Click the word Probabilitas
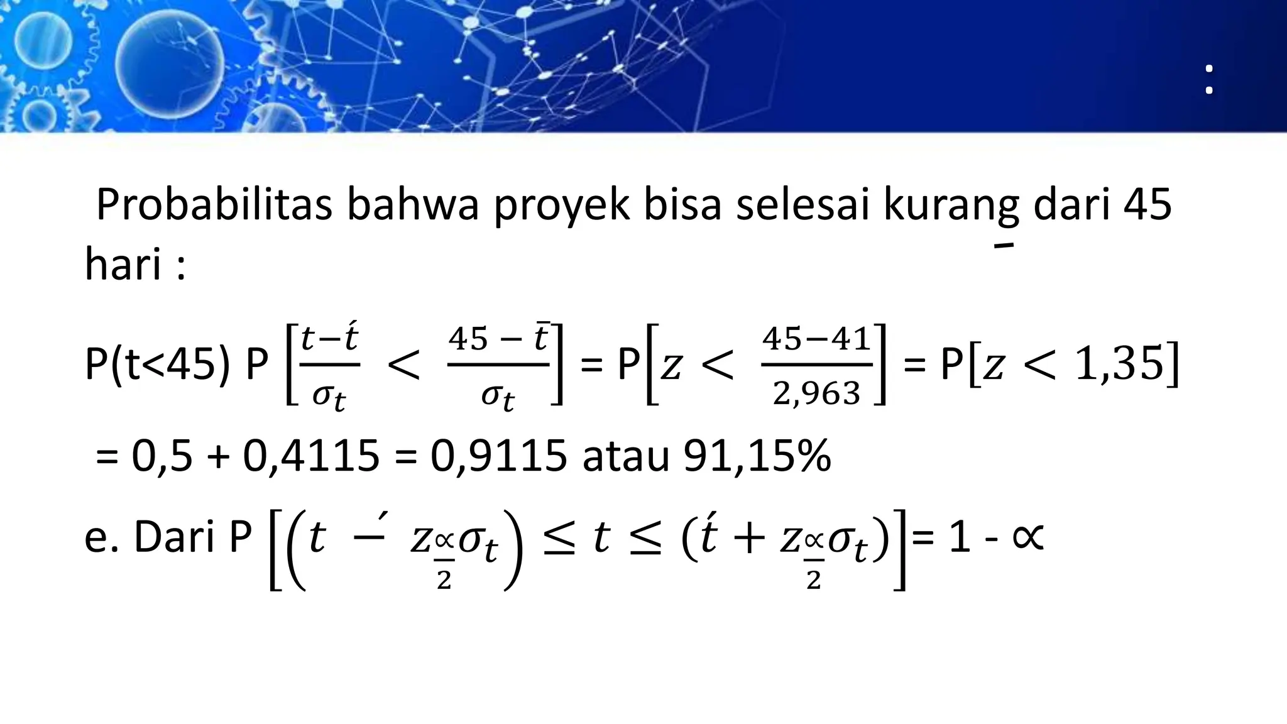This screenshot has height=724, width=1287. [214, 205]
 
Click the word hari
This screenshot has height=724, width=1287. [124, 264]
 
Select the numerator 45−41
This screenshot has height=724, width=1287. [816, 340]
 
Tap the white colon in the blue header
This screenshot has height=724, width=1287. [1208, 80]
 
